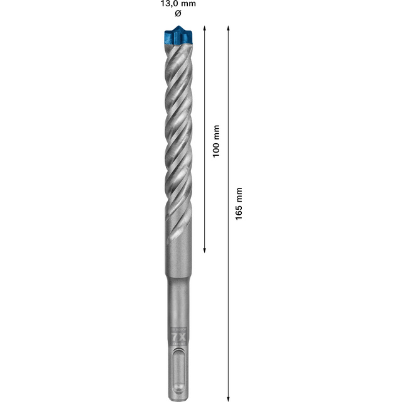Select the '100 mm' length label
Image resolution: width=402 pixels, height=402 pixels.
pos(215,140)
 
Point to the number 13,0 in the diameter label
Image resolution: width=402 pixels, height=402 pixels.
pos(166,4)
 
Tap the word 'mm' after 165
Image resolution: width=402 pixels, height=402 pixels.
pos(239,193)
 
